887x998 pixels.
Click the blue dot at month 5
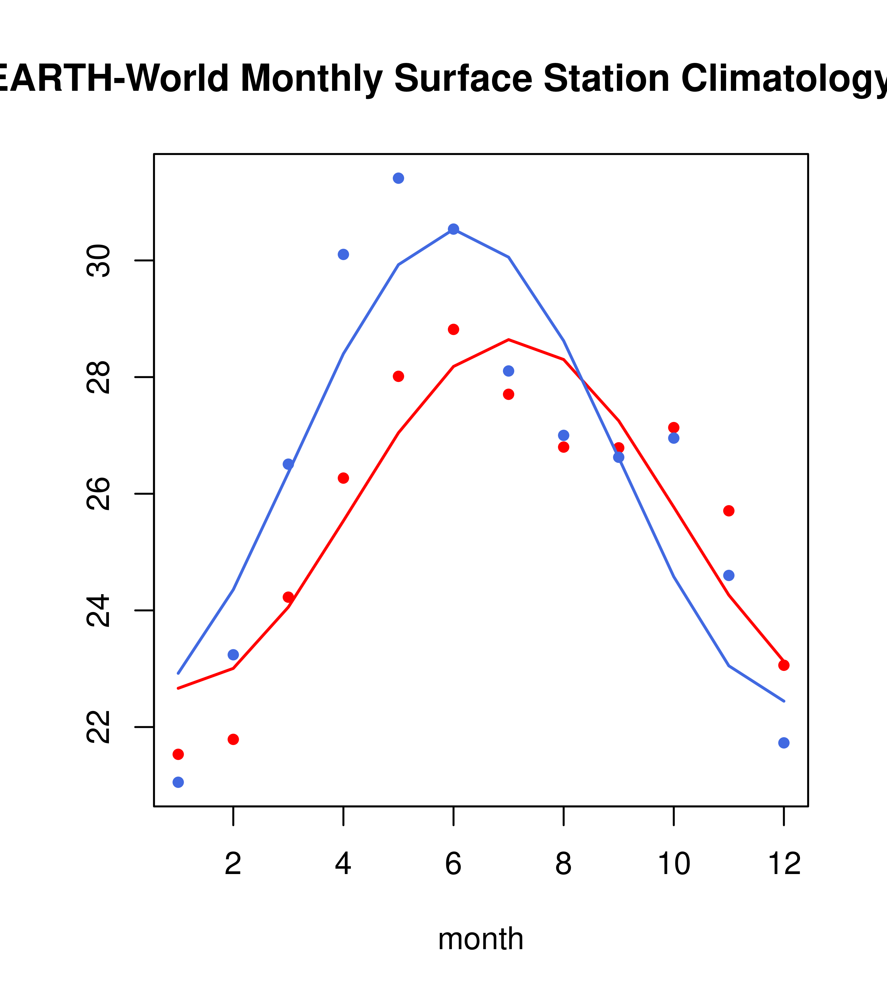398,178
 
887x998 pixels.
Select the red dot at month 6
454,330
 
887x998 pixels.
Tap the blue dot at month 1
178,782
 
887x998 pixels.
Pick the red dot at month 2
233,739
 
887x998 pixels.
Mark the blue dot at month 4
343,255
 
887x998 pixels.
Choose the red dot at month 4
343,478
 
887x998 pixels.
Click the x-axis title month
481,939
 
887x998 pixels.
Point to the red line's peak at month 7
509,339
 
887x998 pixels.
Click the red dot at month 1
178,754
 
